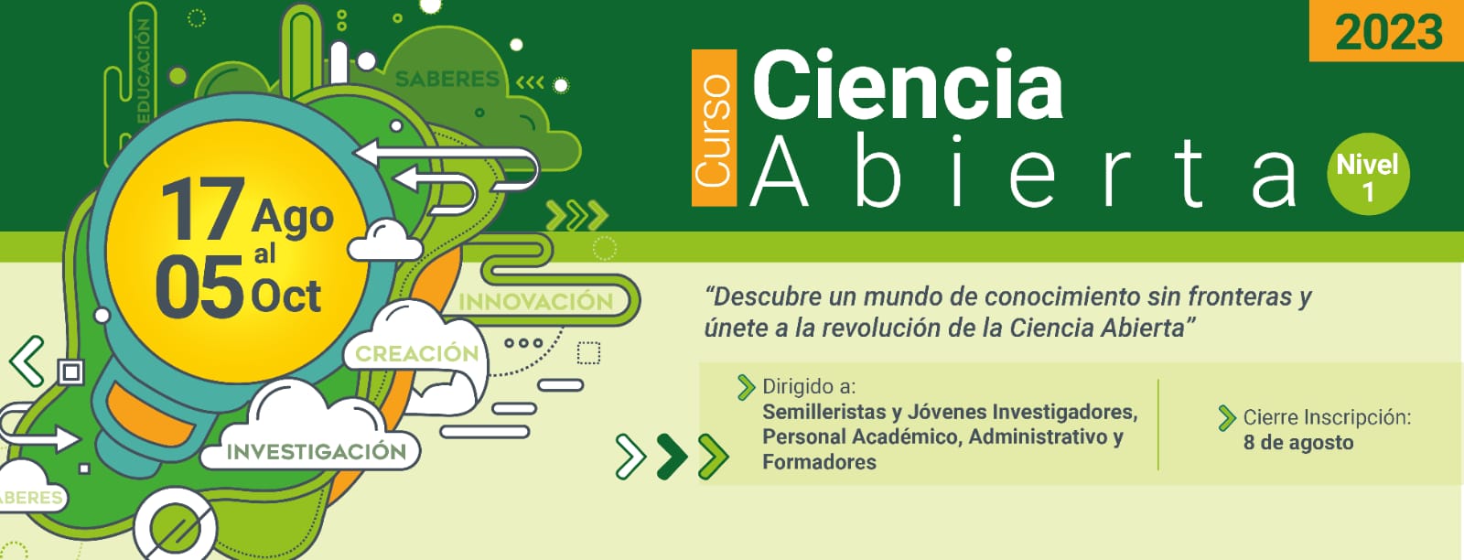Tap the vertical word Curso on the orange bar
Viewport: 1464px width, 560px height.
[713, 129]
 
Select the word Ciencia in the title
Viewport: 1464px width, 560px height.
[908, 84]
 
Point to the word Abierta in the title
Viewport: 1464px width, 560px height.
[1024, 171]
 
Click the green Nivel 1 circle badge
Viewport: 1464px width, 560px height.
[1368, 174]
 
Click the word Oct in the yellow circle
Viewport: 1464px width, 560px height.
[285, 296]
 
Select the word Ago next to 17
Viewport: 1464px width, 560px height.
[292, 219]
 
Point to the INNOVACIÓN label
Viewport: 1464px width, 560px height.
[536, 302]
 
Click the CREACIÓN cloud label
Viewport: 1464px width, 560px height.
[417, 353]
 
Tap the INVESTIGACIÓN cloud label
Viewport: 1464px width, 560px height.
[317, 451]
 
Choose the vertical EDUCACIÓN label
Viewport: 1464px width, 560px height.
[143, 70]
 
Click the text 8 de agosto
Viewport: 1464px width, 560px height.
[1298, 442]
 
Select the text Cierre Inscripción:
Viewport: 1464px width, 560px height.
[1327, 417]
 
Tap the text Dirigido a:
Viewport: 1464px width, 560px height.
[809, 387]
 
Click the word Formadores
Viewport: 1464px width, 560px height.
[819, 462]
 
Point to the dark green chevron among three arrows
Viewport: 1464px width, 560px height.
[673, 456]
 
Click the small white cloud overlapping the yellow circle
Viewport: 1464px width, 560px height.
[385, 242]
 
